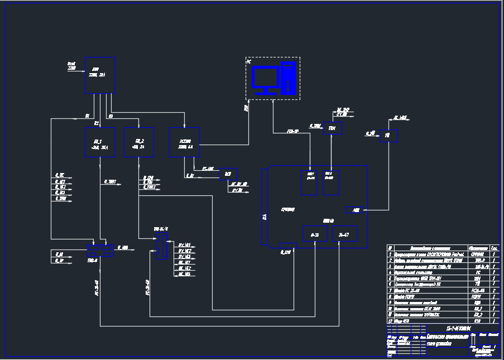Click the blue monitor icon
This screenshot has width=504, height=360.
click(265, 79)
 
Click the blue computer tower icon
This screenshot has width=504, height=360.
click(287, 78)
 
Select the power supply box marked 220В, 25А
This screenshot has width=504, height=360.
click(99, 75)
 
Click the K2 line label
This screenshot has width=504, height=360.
click(96, 122)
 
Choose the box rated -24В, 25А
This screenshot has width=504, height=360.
click(99, 142)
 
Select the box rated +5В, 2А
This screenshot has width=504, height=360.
click(138, 142)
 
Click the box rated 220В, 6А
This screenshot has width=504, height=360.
click(184, 142)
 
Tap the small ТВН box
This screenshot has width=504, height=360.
click(332, 128)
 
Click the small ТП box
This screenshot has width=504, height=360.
click(386, 136)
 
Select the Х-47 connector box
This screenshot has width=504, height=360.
click(344, 236)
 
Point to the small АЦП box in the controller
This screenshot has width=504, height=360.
click(356, 210)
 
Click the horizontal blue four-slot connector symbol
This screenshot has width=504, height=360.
click(100, 249)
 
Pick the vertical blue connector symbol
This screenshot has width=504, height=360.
click(161, 246)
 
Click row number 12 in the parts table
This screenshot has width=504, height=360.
click(390, 321)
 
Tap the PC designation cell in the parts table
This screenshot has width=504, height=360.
click(478, 272)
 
